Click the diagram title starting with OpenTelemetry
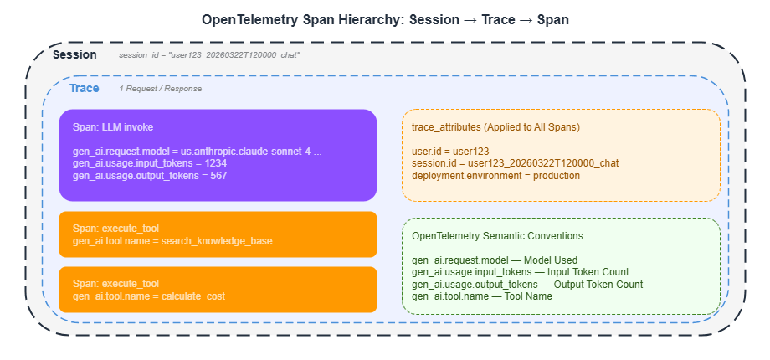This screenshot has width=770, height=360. coord(385,19)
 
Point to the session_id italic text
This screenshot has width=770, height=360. coord(209,55)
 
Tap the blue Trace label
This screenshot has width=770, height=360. coord(84,88)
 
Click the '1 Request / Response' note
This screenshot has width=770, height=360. coord(160,89)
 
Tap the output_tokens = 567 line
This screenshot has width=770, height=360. coord(150,176)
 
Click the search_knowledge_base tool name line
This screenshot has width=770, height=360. coord(172,240)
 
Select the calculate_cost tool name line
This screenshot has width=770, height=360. coord(148,296)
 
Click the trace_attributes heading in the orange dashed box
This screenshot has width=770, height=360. coord(496,126)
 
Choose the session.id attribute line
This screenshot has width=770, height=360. coord(515,164)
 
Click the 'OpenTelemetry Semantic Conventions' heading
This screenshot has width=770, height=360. coord(497,236)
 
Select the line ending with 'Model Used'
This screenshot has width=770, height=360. coord(495,260)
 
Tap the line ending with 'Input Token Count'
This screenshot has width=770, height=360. coord(520,272)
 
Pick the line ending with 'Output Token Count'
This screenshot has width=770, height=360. coord(527,284)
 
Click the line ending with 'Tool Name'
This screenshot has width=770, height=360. coord(482,296)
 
